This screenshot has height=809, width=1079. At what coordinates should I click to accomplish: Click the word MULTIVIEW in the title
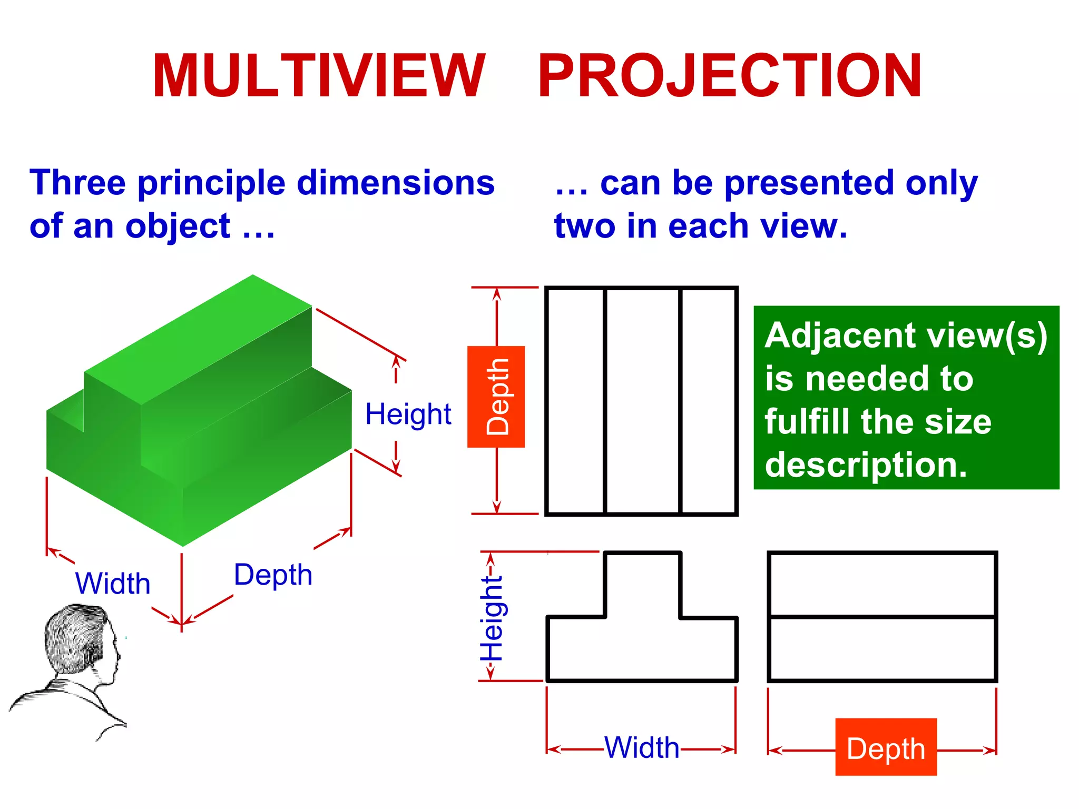(318, 76)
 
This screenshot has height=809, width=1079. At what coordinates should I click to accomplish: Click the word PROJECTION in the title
(730, 76)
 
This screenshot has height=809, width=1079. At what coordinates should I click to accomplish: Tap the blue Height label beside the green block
(408, 414)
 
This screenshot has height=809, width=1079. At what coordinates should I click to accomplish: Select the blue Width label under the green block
(113, 584)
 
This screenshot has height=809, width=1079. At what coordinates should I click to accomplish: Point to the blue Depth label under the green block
(273, 575)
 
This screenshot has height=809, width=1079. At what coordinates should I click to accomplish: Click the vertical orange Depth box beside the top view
(496, 397)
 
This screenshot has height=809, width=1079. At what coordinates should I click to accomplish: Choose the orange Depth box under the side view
(886, 747)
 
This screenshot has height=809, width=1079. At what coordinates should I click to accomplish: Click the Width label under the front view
(642, 747)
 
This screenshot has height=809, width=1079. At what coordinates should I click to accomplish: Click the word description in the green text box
(866, 465)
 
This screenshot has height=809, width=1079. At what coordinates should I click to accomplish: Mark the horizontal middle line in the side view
(882, 616)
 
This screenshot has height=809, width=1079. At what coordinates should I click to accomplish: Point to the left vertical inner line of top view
(605, 400)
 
